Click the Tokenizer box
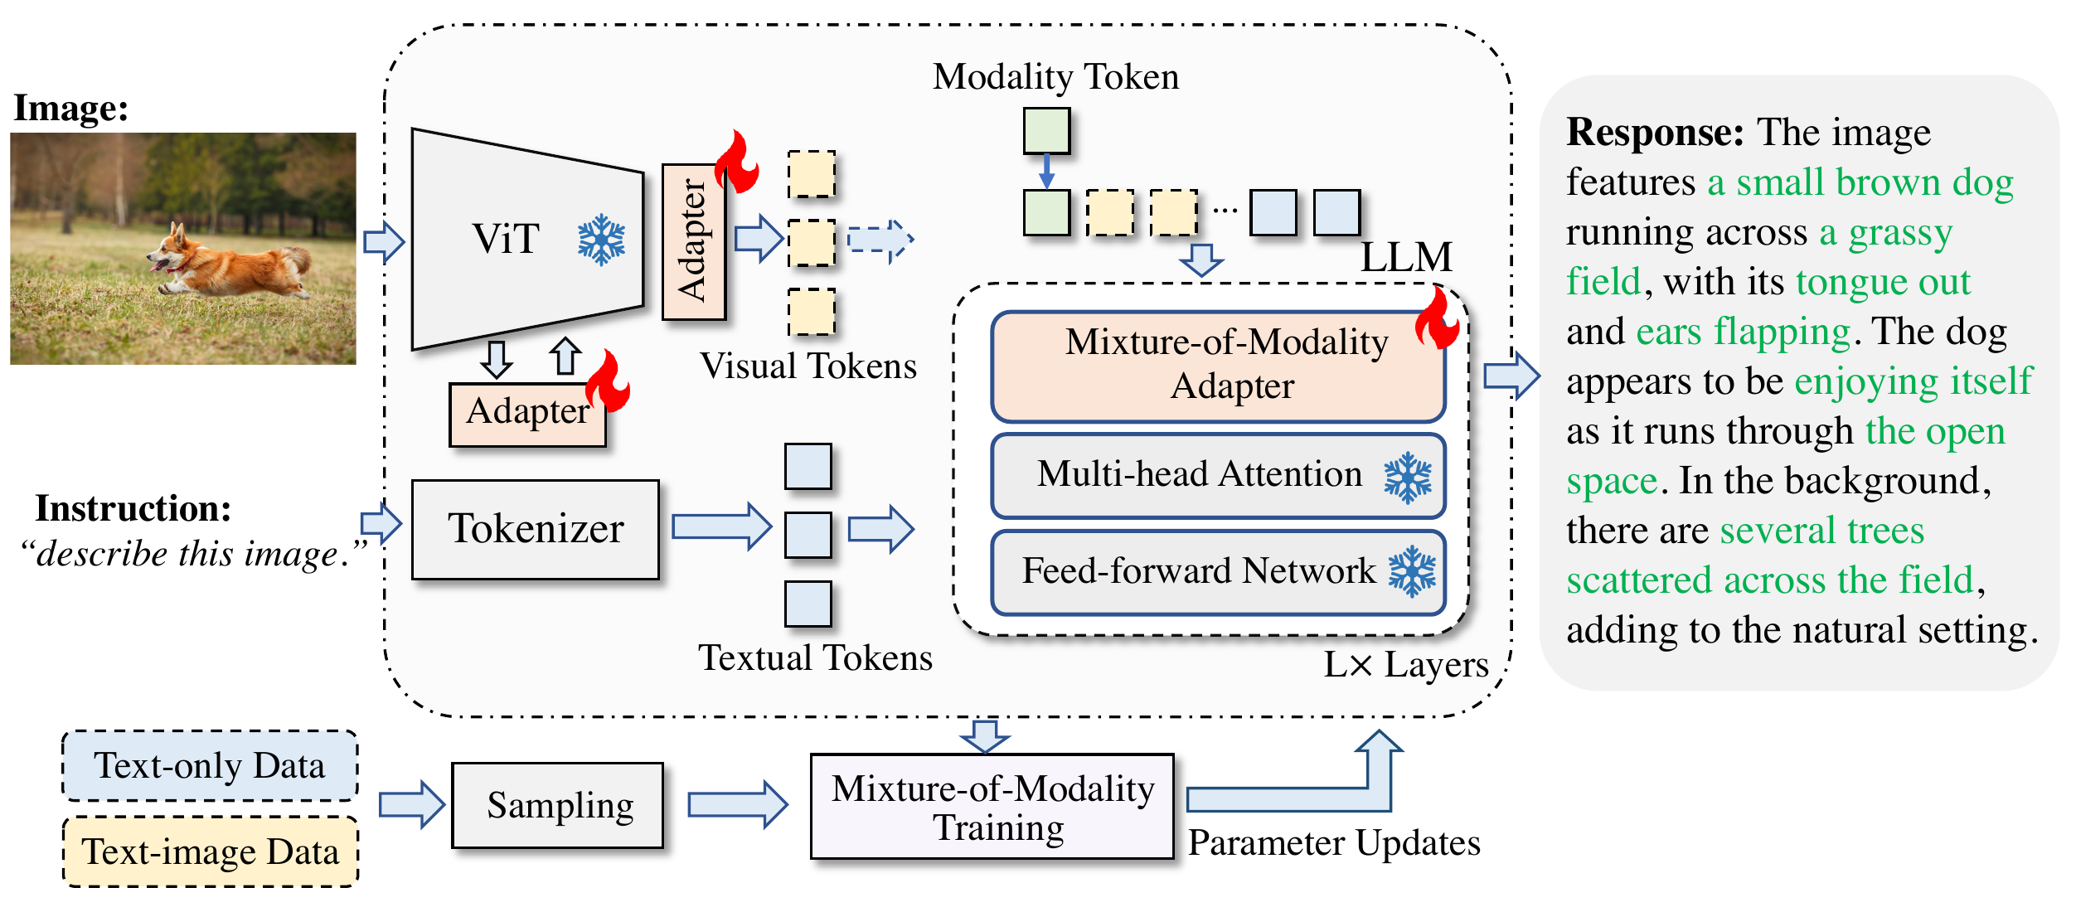(536, 529)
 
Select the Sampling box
(558, 805)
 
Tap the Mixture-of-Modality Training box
(992, 806)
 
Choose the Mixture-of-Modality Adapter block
(1218, 366)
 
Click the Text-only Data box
(211, 766)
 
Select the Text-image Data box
(211, 851)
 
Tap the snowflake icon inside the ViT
(601, 240)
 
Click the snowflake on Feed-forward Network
(1412, 572)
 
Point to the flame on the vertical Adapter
(736, 162)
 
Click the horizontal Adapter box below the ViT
(527, 415)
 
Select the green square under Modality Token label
(1046, 131)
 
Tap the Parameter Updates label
(1334, 843)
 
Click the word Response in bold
(1655, 133)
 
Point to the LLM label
(1406, 257)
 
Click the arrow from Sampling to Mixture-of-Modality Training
(738, 804)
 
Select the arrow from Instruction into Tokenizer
(381, 523)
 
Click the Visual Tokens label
(808, 366)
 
